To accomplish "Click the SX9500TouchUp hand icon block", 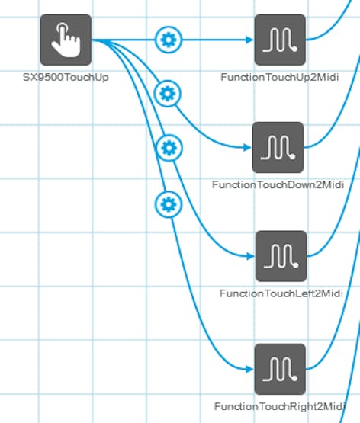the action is click(66, 40).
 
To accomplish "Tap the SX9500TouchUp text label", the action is click(66, 78).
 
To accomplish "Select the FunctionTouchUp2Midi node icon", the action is click(280, 40).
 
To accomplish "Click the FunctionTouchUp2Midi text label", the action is click(280, 78).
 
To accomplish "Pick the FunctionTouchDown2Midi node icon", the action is click(278, 147).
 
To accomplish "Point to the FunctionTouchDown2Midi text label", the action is click(278, 184).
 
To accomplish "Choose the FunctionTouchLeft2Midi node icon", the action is click(281, 256).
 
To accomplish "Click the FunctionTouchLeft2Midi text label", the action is click(281, 293).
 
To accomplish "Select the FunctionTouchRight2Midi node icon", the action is click(280, 369).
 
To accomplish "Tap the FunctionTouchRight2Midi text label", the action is click(280, 406).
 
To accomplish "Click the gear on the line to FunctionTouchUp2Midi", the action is click(169, 40).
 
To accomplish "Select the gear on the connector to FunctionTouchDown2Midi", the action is click(168, 94).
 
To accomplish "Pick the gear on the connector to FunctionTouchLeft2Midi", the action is click(169, 148).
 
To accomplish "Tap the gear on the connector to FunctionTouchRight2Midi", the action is click(169, 204).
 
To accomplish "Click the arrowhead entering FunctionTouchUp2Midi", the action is click(249, 40).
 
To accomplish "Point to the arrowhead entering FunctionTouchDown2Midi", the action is click(247, 147).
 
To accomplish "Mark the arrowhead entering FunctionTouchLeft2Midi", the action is click(251, 256).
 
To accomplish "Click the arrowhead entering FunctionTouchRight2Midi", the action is click(249, 369).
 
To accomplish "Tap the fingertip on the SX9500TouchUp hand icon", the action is click(63, 27).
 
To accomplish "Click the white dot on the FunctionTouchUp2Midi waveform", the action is click(294, 49).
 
